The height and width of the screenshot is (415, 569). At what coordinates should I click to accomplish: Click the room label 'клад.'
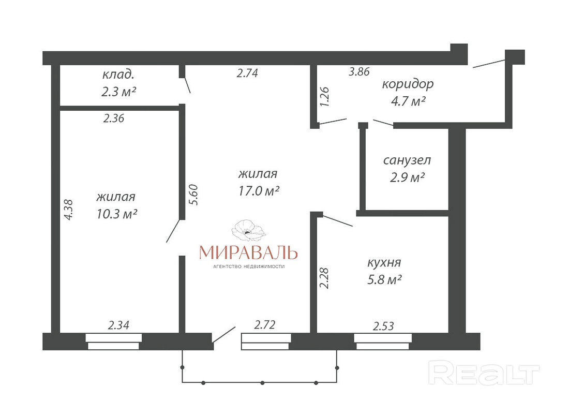pos(118,75)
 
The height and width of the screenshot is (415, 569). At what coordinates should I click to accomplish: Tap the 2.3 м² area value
pos(118,92)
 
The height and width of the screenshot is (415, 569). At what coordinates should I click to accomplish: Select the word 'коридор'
pos(408,84)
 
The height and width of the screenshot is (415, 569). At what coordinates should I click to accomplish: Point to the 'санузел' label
pos(407,160)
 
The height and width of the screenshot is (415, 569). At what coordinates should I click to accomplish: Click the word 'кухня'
pos(384,262)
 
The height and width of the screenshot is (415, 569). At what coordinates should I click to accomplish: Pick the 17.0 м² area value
pos(258,190)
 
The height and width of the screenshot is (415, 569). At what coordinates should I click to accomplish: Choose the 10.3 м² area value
pos(116,214)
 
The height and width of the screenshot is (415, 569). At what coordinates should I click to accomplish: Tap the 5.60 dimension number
pos(194,195)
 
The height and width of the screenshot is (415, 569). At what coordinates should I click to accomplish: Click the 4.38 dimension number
pos(68,210)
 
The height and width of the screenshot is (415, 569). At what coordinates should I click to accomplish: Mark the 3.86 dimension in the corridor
pos(360,71)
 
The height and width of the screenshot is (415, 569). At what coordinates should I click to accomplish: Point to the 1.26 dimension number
pos(324,97)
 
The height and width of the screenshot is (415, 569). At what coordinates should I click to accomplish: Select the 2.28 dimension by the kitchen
pos(324,278)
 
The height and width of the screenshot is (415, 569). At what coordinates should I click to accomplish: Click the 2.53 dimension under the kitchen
pos(383,326)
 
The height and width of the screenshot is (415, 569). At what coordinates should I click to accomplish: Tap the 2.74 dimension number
pos(247,73)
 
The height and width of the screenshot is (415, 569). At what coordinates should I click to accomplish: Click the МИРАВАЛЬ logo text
pos(249,253)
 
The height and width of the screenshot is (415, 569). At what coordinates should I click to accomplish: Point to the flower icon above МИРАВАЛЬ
pos(249,230)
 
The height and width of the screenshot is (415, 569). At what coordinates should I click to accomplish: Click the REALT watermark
pos(484,373)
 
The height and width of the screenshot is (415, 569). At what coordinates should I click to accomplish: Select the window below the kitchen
pos(383,342)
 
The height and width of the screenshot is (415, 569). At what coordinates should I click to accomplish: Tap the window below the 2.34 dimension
pos(114,342)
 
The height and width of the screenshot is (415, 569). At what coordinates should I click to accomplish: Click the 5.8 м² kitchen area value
pos(384,280)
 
